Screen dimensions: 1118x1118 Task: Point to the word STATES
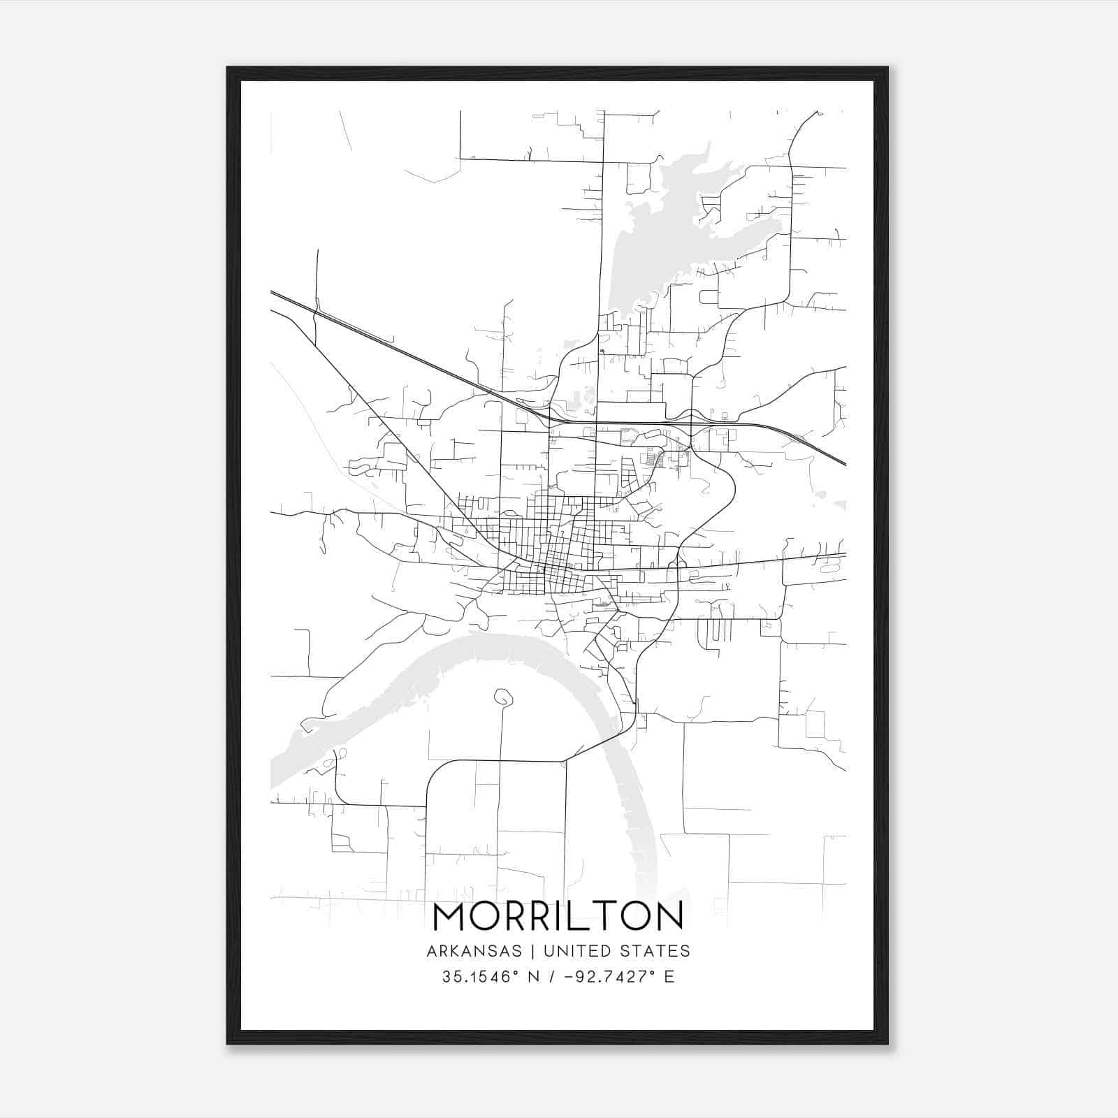(657, 951)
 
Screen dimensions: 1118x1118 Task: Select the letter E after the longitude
(669, 976)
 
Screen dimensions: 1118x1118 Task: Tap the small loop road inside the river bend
(502, 697)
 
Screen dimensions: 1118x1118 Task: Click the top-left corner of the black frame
(228, 68)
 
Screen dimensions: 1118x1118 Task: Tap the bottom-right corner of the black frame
(887, 1043)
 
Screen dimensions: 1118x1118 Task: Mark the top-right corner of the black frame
(887, 68)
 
